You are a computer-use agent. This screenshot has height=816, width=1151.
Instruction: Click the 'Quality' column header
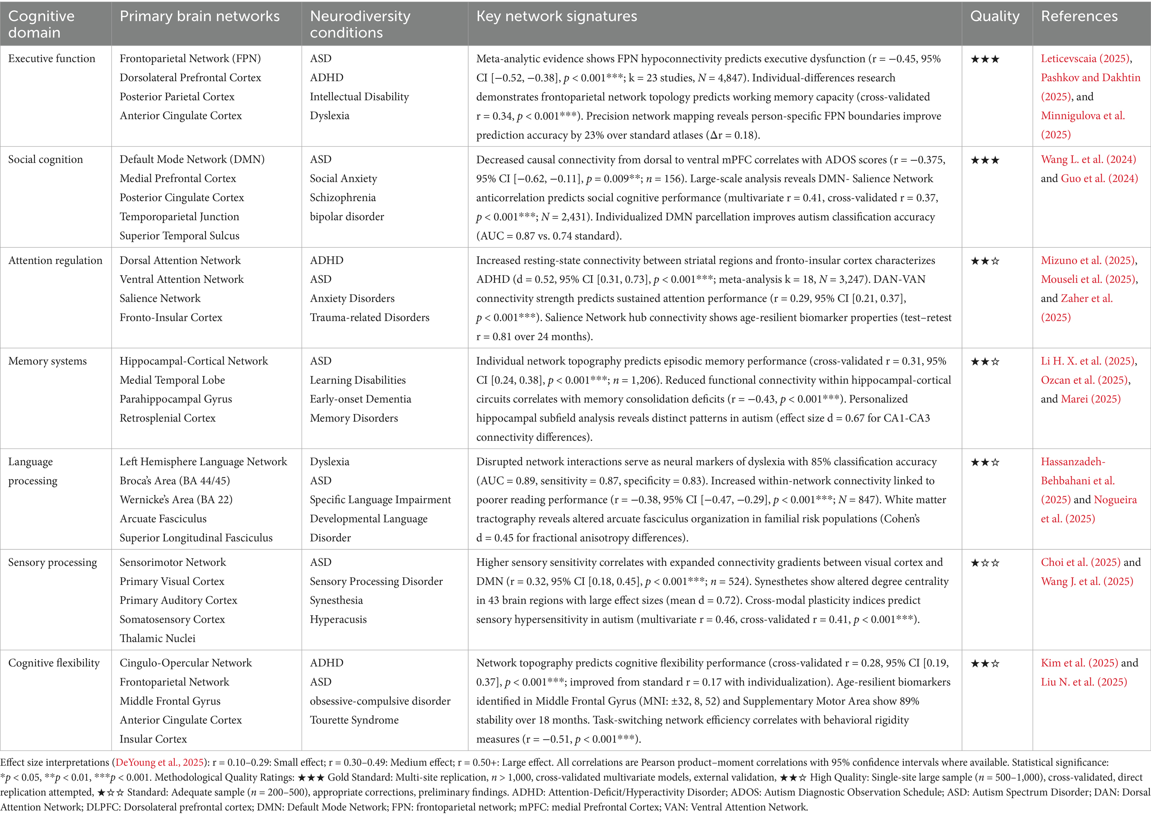pos(994,17)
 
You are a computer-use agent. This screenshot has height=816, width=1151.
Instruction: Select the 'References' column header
pos(1079,17)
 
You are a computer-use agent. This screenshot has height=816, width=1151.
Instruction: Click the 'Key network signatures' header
pos(556,17)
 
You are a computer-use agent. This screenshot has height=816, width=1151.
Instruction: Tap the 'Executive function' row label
pos(51,59)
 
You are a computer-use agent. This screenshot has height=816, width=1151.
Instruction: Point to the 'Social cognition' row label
pos(45,160)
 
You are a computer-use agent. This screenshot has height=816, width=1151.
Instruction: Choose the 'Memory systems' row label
pos(47,361)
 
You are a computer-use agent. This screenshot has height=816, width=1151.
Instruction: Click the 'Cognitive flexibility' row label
pos(54,663)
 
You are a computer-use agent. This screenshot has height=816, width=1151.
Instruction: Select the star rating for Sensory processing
pos(985,563)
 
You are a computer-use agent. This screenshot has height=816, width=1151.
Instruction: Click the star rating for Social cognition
pos(985,160)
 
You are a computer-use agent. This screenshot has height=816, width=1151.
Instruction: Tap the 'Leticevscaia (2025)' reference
pos(1085,59)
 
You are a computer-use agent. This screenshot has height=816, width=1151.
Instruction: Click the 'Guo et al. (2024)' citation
pos(1099,179)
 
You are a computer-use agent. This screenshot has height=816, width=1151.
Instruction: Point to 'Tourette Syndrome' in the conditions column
pos(354,720)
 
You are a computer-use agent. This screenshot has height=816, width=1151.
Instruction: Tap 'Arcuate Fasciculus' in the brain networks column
pos(163,519)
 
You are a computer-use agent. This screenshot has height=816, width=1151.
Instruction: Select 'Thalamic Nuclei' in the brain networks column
pos(157,639)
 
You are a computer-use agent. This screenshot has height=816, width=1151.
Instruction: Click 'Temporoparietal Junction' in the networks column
pos(179,217)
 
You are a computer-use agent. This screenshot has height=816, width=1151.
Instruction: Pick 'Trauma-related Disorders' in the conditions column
pos(370,318)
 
